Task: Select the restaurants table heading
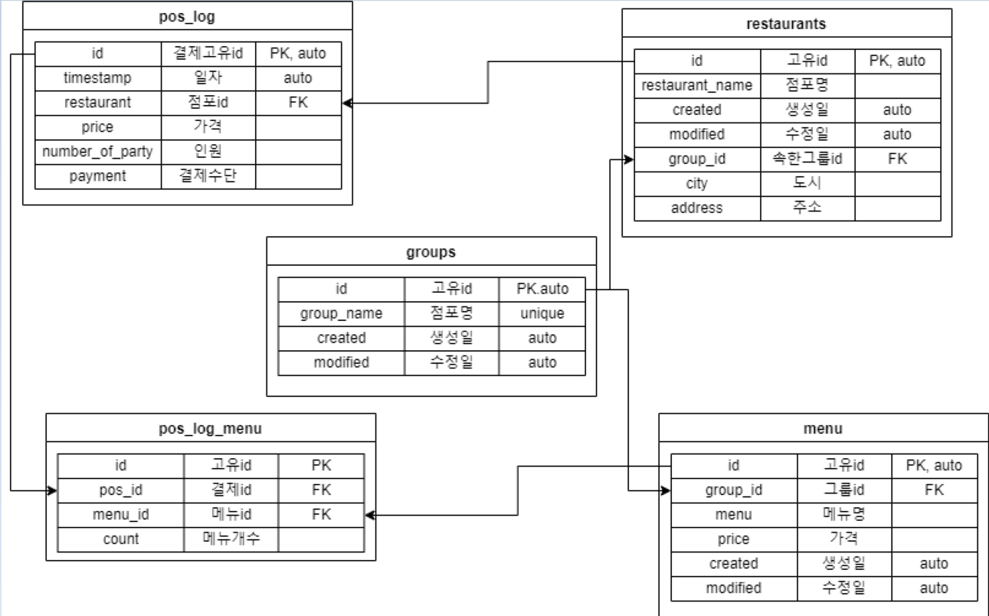click(786, 23)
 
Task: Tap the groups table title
click(431, 251)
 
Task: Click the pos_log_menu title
click(211, 428)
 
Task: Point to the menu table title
click(824, 428)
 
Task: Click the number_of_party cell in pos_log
click(98, 152)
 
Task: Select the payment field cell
click(98, 176)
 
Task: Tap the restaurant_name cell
click(697, 85)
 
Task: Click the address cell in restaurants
click(697, 208)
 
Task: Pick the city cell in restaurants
click(697, 183)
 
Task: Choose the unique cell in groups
click(542, 313)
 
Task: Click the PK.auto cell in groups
click(542, 289)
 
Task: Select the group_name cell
click(341, 313)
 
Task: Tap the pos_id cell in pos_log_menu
click(121, 490)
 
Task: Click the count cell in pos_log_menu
click(121, 539)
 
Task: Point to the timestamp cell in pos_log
click(98, 78)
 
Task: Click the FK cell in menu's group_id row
click(934, 490)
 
